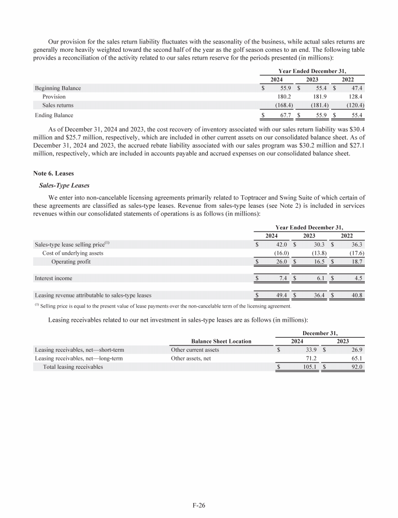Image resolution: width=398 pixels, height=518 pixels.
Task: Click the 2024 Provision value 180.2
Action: [x=283, y=96]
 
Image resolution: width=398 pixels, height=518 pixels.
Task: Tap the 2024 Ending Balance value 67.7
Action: [x=283, y=115]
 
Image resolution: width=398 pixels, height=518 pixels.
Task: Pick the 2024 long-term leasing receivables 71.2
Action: [x=296, y=358]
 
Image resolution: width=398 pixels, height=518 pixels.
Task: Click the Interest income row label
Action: [x=53, y=278]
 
